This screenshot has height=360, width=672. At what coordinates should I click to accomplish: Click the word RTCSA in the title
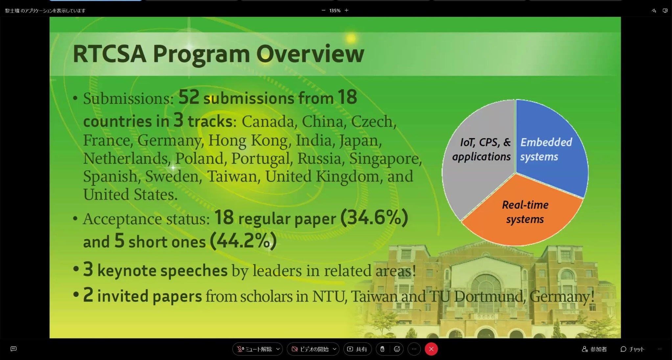click(109, 54)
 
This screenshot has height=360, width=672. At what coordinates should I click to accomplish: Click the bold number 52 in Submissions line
click(189, 97)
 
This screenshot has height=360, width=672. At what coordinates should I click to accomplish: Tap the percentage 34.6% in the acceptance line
click(374, 217)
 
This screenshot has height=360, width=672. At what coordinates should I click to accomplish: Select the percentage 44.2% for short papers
click(243, 241)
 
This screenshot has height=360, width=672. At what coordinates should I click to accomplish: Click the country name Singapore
click(385, 158)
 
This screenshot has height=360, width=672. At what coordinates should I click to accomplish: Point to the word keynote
click(127, 271)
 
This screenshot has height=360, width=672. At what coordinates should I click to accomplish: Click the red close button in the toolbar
click(431, 349)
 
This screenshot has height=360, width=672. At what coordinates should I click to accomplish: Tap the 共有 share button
click(357, 349)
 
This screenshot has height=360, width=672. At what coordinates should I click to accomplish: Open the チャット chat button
click(632, 349)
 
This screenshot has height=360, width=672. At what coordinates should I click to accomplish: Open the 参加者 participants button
click(594, 349)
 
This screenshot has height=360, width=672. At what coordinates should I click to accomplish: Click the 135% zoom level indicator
click(335, 11)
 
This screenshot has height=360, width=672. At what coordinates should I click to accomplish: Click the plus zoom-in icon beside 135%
click(346, 11)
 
